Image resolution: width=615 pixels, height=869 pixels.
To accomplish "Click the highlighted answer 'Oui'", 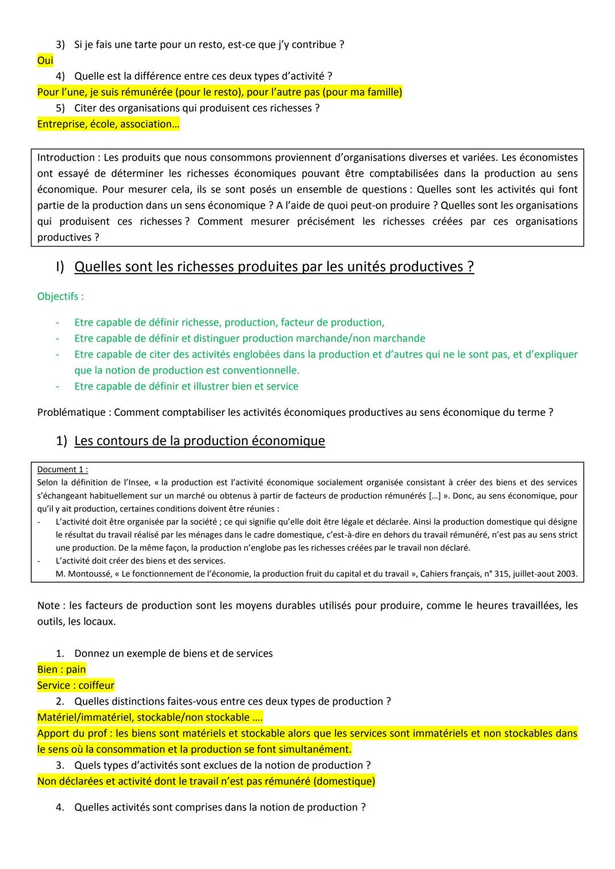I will click(45, 60).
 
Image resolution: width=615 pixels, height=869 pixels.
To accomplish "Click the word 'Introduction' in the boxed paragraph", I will click(65, 158).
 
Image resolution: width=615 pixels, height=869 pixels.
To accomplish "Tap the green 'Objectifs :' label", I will click(60, 296).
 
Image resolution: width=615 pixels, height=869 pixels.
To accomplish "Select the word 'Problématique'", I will click(72, 412).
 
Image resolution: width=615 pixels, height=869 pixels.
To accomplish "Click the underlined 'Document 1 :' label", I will click(63, 469).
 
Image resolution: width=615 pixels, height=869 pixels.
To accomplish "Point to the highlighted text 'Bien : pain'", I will click(61, 669).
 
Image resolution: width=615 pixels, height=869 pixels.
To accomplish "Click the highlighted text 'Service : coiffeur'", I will click(76, 685).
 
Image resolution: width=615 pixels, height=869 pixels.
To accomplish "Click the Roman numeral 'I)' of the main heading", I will click(60, 267).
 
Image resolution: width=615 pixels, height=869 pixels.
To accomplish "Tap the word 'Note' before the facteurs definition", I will click(49, 606).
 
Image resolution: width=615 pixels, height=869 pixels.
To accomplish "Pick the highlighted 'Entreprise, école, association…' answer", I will click(108, 124).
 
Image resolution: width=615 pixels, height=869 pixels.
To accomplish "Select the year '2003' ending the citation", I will click(565, 574).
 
